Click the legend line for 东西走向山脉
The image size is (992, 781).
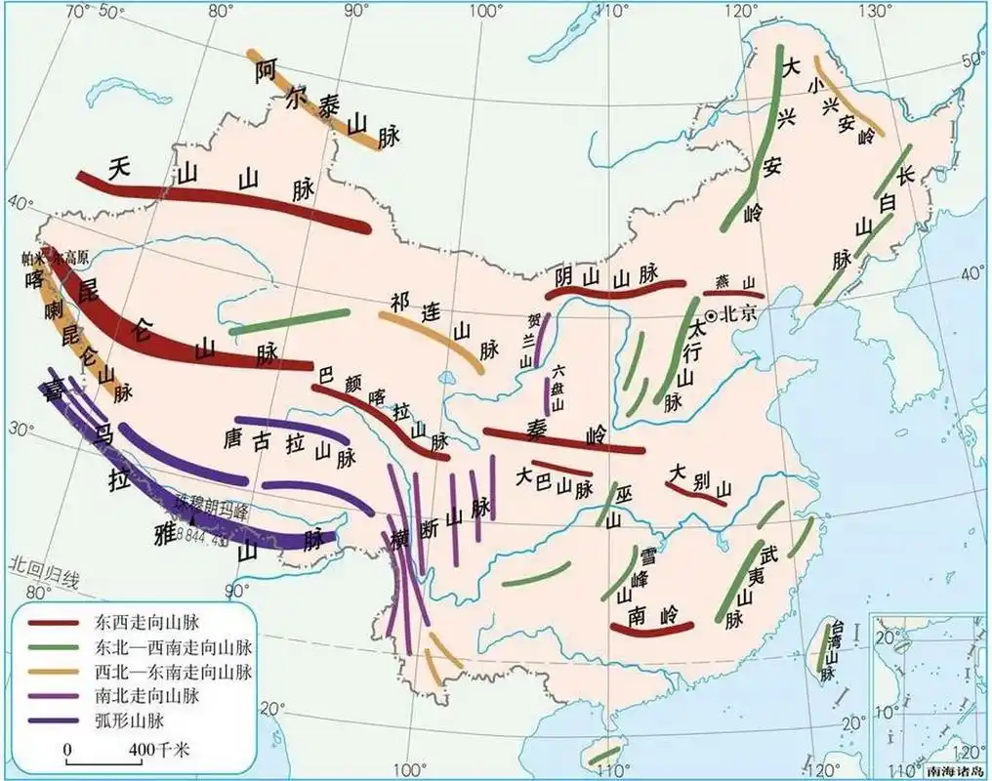point(56,621)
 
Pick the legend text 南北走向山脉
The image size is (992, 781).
point(147,697)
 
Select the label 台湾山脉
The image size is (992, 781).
point(830,649)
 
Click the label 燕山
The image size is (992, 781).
point(735,281)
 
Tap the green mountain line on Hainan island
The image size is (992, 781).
point(605,755)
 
